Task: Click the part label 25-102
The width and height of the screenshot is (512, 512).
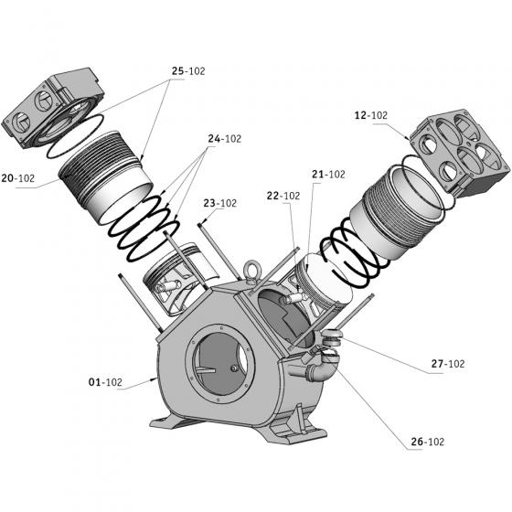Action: click(188, 71)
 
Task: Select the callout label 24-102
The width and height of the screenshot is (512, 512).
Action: click(225, 139)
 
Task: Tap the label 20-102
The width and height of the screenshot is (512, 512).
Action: click(18, 178)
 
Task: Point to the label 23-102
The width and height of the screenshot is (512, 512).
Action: click(220, 203)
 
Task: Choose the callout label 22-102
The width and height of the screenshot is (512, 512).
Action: click(283, 196)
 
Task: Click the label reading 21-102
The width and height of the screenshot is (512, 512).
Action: click(328, 175)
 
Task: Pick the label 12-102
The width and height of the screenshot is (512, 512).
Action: click(371, 115)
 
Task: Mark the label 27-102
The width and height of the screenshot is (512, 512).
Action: click(448, 364)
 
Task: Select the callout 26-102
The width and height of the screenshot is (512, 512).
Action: click(428, 442)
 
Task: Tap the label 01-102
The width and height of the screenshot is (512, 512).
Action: click(105, 382)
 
